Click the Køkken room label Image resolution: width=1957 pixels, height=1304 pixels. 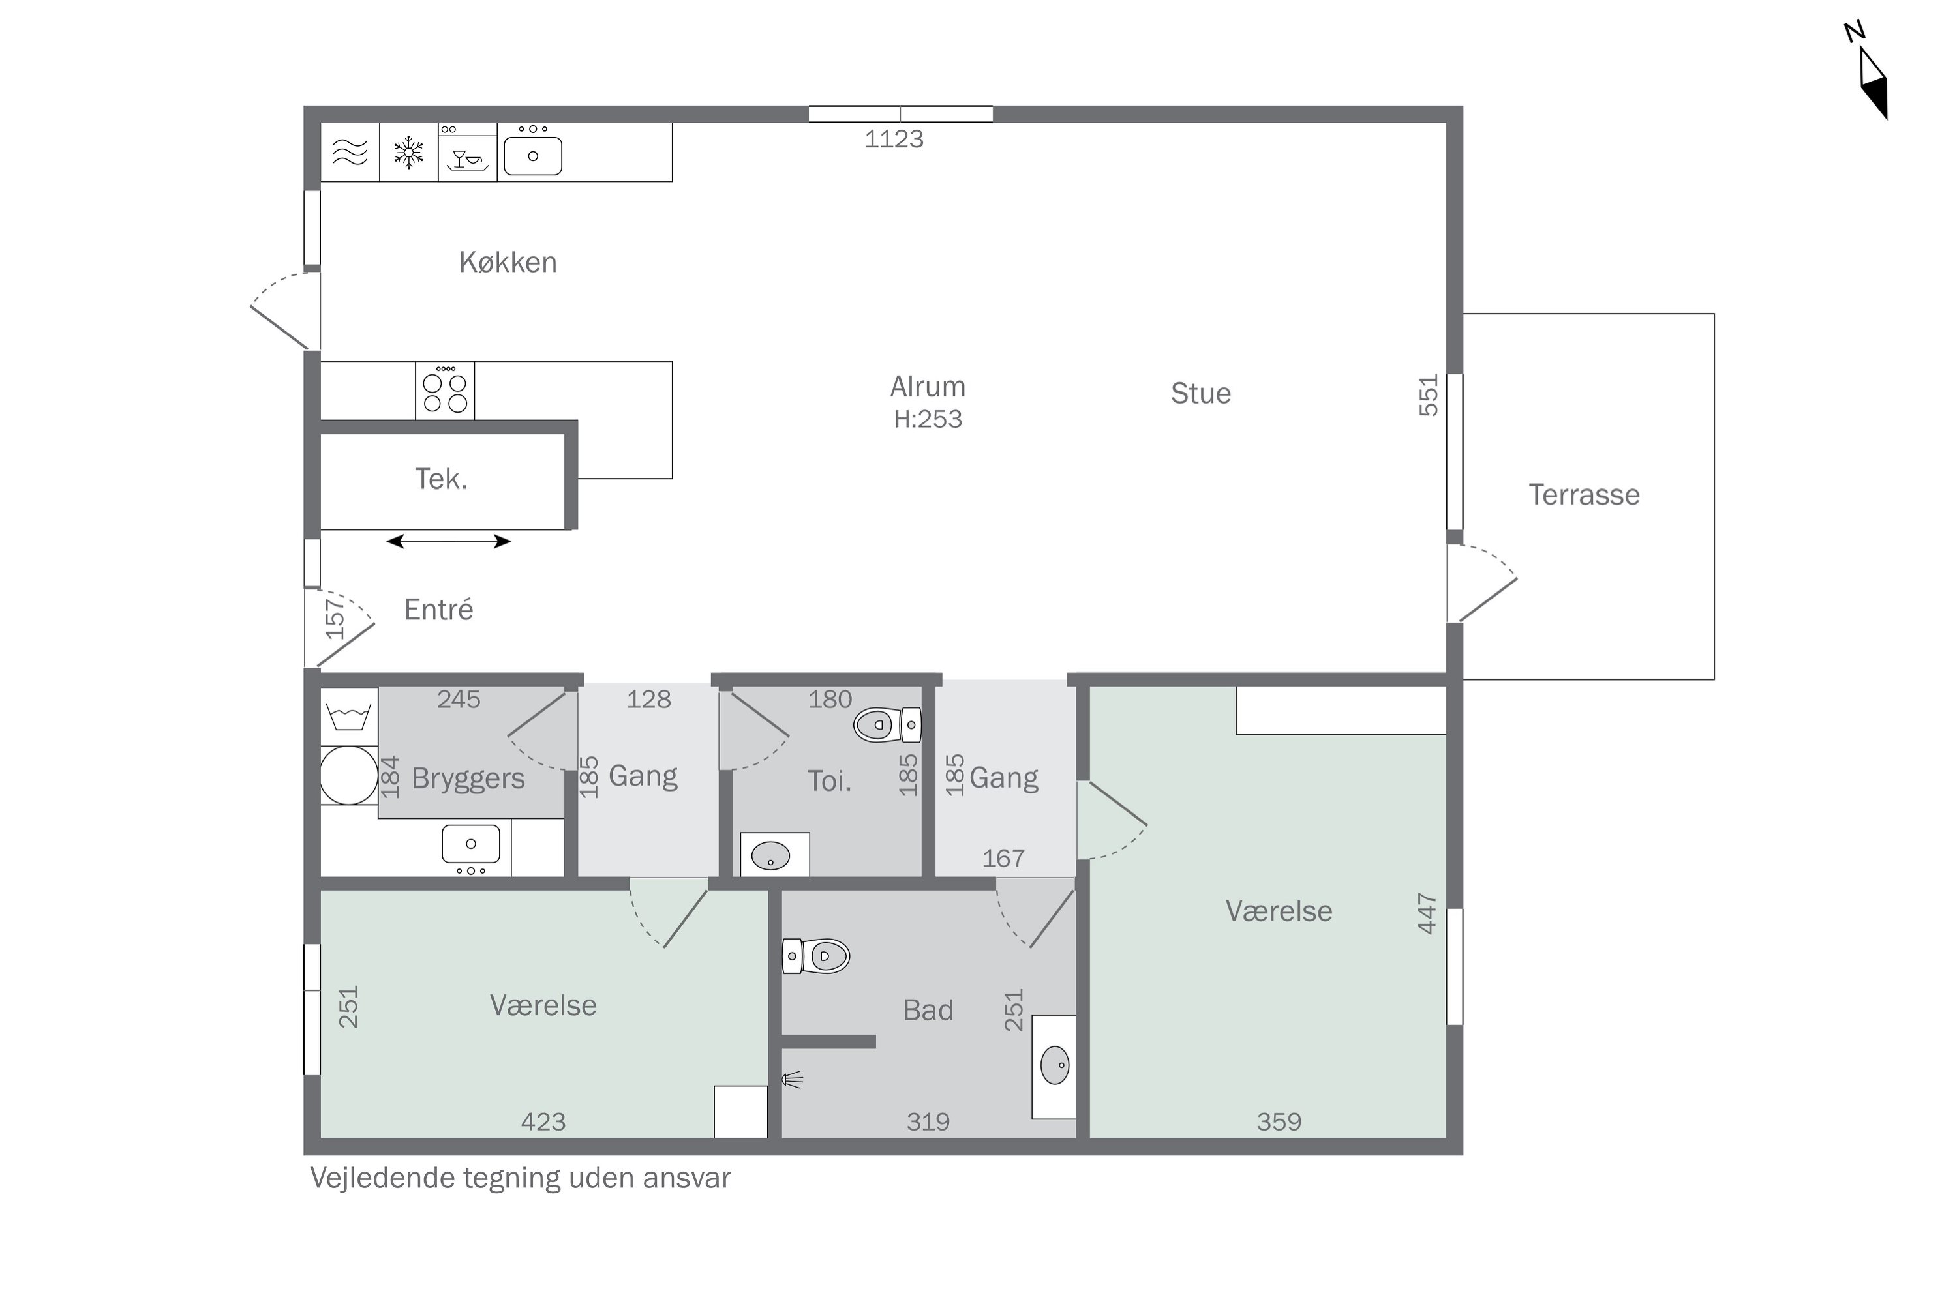[x=508, y=263]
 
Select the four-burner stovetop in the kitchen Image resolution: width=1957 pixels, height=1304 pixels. [x=445, y=391]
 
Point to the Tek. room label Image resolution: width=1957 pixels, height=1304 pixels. [x=441, y=479]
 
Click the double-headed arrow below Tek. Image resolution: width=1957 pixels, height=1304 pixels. [x=449, y=541]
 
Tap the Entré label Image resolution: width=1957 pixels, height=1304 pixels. [x=438, y=610]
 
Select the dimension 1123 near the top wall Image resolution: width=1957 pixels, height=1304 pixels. [x=894, y=139]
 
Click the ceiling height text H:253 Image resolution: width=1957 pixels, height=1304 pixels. [x=928, y=419]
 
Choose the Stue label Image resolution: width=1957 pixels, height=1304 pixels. [x=1201, y=393]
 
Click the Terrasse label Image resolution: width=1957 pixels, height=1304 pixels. [x=1585, y=495]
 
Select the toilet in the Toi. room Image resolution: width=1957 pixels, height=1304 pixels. [x=887, y=725]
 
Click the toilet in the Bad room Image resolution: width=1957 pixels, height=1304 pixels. [x=816, y=956]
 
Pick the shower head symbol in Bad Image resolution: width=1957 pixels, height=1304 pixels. [x=792, y=1080]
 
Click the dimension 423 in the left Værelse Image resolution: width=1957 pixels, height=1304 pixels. [x=543, y=1123]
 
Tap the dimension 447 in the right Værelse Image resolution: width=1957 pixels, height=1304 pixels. [x=1427, y=914]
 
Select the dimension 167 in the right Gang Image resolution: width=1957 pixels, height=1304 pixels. [x=1003, y=858]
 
